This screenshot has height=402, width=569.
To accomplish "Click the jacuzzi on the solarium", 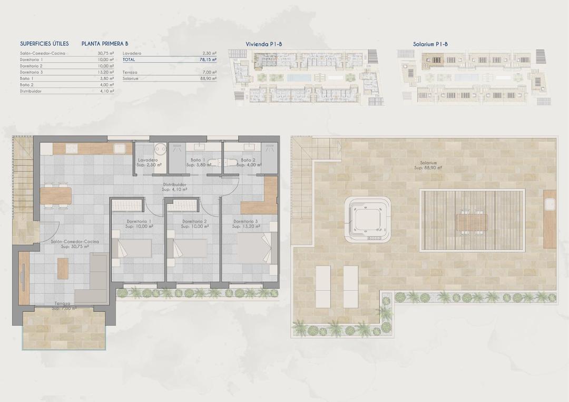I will pyautogui.click(x=368, y=220).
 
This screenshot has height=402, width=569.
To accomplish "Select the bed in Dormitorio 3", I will pyautogui.click(x=256, y=248).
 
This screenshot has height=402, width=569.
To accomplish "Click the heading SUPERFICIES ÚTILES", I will pyautogui.click(x=44, y=44).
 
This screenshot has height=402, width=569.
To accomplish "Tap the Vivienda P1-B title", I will pyautogui.click(x=264, y=44).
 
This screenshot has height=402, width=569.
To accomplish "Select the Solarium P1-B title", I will pyautogui.click(x=430, y=44).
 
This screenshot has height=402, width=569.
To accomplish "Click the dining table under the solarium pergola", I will pyautogui.click(x=472, y=222).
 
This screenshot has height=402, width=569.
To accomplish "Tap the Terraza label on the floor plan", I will pyautogui.click(x=64, y=304).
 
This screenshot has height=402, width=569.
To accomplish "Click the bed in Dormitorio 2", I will pyautogui.click(x=186, y=248).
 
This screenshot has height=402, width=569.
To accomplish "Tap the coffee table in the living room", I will pyautogui.click(x=63, y=268).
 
